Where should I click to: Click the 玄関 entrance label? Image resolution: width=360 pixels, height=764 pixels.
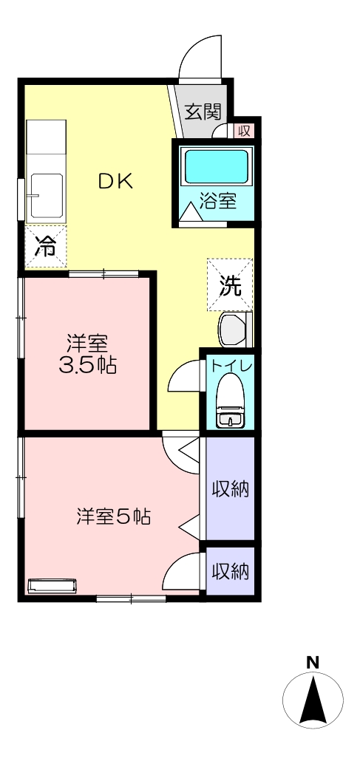click(x=203, y=112)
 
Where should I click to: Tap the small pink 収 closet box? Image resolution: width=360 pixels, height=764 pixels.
click(x=243, y=130)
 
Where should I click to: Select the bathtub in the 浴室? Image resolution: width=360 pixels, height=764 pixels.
click(x=217, y=166)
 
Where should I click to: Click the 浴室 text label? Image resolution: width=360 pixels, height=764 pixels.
click(x=219, y=201)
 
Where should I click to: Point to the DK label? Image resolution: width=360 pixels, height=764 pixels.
click(x=115, y=182)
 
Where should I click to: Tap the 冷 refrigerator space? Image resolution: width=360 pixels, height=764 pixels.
click(x=46, y=247)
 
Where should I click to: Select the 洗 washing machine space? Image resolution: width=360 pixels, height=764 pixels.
click(x=230, y=285)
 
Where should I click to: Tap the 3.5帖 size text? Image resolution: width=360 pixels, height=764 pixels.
click(x=88, y=366)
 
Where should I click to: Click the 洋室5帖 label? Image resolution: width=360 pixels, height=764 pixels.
click(x=113, y=516)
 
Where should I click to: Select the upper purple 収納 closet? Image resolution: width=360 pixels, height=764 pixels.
click(x=231, y=488)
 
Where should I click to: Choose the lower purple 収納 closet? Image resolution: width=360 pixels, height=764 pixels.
click(x=231, y=571)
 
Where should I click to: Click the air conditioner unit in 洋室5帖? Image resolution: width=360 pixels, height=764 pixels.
click(x=52, y=586)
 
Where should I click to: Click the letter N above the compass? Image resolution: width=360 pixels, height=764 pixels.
click(x=313, y=662)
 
